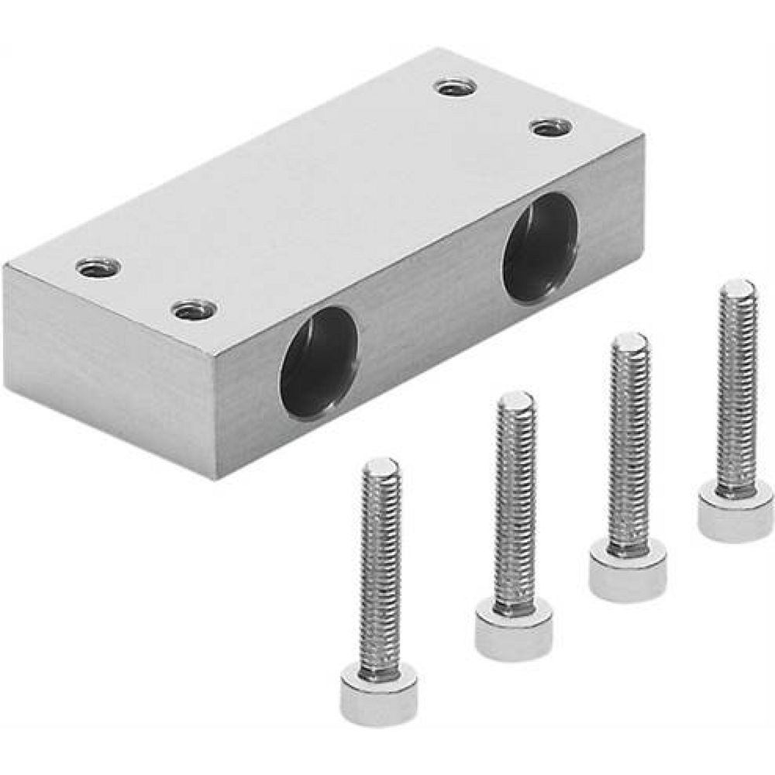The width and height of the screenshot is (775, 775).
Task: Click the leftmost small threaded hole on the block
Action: click(x=98, y=267)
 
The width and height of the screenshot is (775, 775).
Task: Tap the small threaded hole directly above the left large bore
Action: click(x=195, y=310)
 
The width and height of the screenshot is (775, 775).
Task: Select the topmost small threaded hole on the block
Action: click(x=456, y=88)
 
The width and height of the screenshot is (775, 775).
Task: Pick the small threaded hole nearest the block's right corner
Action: click(x=552, y=127)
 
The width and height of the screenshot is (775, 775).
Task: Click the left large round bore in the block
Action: click(x=319, y=362)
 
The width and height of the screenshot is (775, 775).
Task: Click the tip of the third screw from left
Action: click(x=629, y=341)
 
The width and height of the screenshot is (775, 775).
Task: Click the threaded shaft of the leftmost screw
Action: click(x=380, y=573)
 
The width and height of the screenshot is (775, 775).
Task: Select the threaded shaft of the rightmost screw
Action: click(x=735, y=387)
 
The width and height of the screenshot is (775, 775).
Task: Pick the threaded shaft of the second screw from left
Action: click(x=515, y=504)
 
